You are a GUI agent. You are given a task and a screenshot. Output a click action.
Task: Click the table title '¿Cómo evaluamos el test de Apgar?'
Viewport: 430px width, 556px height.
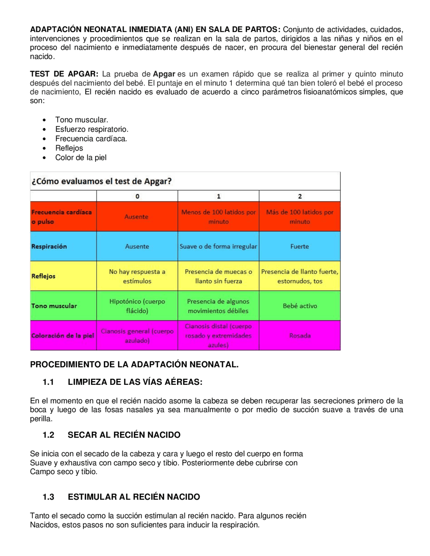pyautogui.click(x=101, y=182)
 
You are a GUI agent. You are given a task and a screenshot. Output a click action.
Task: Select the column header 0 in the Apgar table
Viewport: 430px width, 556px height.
pyautogui.click(x=137, y=196)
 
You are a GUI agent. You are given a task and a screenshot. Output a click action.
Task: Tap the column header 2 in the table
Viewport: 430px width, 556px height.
pyautogui.click(x=300, y=196)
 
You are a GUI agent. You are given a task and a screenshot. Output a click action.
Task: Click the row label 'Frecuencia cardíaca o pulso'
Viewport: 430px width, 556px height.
pyautogui.click(x=61, y=217)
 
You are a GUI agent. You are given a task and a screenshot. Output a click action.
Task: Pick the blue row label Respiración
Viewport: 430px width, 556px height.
pyautogui.click(x=49, y=246)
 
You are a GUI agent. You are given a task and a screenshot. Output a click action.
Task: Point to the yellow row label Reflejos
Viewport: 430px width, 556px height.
pyautogui.click(x=43, y=276)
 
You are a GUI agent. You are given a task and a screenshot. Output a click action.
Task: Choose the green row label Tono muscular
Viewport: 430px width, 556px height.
pyautogui.click(x=54, y=306)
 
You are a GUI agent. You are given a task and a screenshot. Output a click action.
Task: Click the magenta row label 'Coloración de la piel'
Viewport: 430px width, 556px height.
pyautogui.click(x=63, y=336)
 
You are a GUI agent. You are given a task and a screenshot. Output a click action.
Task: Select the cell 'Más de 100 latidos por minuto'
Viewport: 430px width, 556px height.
pyautogui.click(x=300, y=217)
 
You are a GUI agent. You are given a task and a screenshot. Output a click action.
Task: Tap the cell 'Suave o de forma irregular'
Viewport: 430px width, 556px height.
pyautogui.click(x=218, y=246)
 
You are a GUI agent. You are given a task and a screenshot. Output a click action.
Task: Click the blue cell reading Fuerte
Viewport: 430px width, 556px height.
pyautogui.click(x=300, y=246)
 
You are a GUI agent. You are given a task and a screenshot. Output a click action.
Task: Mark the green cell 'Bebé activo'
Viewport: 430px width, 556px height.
pyautogui.click(x=300, y=306)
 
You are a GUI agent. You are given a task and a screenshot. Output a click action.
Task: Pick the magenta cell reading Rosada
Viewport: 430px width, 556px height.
pyautogui.click(x=300, y=336)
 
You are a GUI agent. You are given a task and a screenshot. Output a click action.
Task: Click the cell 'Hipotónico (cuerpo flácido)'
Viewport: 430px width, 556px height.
pyautogui.click(x=137, y=306)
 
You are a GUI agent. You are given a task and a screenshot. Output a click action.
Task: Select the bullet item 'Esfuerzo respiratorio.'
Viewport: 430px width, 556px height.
pyautogui.click(x=92, y=129)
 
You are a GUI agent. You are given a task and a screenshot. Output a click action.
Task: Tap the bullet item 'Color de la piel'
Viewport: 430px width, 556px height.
pyautogui.click(x=81, y=157)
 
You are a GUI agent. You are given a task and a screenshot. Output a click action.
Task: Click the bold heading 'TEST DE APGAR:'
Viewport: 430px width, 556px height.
pyautogui.click(x=64, y=74)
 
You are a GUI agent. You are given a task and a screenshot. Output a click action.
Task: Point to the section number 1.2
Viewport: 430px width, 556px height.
pyautogui.click(x=48, y=435)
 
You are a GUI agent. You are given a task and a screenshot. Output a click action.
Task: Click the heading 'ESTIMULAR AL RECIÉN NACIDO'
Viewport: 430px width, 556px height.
pyautogui.click(x=134, y=497)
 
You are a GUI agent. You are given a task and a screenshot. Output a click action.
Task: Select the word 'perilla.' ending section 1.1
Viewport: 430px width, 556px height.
pyautogui.click(x=41, y=419)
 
